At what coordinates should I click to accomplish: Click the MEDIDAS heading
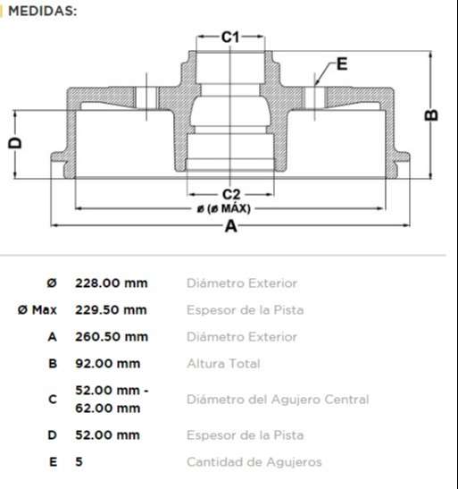click(x=42, y=11)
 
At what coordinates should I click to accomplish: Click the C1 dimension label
click(x=230, y=37)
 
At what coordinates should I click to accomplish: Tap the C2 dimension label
click(x=231, y=194)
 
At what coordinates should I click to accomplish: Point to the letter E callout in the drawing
click(x=343, y=63)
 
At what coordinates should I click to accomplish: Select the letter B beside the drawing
click(x=431, y=114)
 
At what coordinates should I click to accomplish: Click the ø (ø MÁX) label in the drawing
click(x=223, y=208)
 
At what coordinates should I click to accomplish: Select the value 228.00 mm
click(x=111, y=283)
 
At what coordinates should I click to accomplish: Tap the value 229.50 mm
click(x=111, y=310)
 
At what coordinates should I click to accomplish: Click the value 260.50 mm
click(x=111, y=337)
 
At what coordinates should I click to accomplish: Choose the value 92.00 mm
click(x=107, y=364)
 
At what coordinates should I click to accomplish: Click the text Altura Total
click(x=223, y=364)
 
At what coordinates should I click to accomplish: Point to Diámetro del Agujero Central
click(x=277, y=400)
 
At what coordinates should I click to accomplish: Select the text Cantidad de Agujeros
click(x=254, y=462)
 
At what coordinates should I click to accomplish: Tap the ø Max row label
click(x=37, y=310)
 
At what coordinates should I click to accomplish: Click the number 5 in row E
click(x=79, y=462)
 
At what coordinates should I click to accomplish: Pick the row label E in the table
click(x=53, y=462)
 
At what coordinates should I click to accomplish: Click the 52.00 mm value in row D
click(x=107, y=435)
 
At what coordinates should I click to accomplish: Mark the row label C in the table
click(x=53, y=400)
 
